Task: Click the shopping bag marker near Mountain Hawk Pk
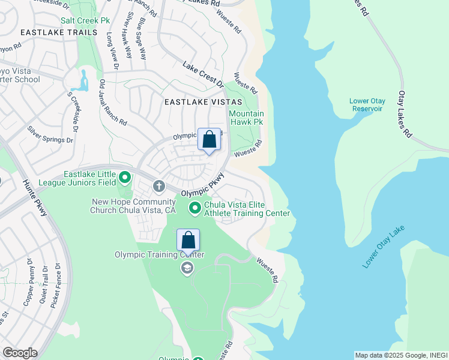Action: click(x=209, y=140)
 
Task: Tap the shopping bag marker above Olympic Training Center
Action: click(x=188, y=240)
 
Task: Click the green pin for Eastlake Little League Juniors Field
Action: click(x=125, y=177)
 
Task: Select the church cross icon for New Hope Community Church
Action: click(x=158, y=186)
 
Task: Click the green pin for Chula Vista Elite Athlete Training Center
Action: click(x=195, y=208)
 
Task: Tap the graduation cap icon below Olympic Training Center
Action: click(x=187, y=268)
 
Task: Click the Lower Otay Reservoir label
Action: click(x=367, y=105)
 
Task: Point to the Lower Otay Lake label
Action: click(x=384, y=247)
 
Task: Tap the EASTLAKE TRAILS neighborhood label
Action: click(x=58, y=32)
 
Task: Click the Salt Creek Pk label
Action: click(x=90, y=20)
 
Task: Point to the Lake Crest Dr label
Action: click(x=203, y=74)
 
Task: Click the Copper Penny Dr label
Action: click(x=28, y=283)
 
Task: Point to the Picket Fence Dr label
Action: click(x=55, y=286)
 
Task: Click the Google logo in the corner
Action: click(x=20, y=353)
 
